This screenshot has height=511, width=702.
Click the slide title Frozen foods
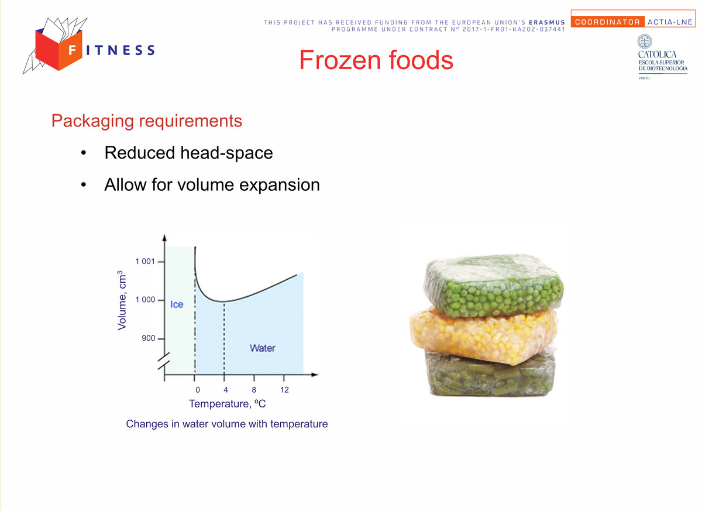coord(376,60)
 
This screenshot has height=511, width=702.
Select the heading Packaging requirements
coord(147,121)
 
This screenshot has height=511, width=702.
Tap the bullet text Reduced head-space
coord(188,153)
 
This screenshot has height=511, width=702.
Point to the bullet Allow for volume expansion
coord(212,184)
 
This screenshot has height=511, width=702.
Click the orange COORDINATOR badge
coord(607,22)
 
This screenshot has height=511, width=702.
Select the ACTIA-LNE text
coord(670,22)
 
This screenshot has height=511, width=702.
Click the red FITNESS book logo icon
coord(58,49)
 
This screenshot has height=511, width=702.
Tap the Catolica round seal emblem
coord(645,42)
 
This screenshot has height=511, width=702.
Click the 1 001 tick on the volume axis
coord(145,262)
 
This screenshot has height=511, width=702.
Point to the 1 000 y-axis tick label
coord(145,300)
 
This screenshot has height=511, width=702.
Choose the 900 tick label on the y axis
coord(149,338)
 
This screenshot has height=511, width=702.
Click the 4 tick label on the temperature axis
coord(226,390)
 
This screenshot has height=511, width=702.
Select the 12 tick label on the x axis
coord(284,390)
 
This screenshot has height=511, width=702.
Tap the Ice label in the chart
coord(177,304)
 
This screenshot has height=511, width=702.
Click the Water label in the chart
coord(263,348)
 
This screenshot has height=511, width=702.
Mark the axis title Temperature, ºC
coord(227,404)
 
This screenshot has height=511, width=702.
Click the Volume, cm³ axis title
coord(122,300)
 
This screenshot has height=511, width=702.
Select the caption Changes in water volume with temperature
coord(227,424)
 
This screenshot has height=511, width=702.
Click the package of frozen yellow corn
coord(484,335)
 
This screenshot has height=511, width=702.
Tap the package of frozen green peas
coord(494,285)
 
